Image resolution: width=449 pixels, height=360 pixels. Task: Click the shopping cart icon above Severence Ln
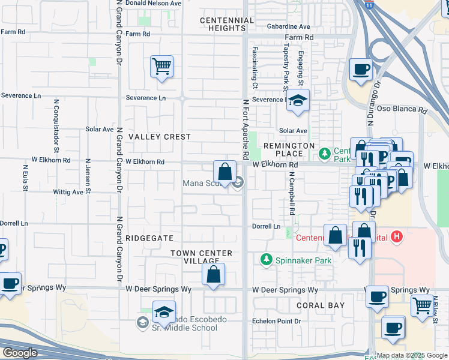click(x=161, y=67)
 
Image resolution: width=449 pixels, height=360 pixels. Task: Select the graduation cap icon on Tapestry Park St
click(x=297, y=101)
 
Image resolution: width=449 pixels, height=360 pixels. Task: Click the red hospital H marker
click(x=396, y=238)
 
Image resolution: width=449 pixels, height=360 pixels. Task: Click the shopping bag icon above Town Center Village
click(x=213, y=275)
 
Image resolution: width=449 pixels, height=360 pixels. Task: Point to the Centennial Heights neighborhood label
click(x=227, y=25)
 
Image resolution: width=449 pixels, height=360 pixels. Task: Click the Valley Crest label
click(x=160, y=137)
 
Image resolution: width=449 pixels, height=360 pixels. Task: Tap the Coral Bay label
click(x=321, y=305)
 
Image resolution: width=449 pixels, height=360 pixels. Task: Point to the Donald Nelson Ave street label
click(x=152, y=3)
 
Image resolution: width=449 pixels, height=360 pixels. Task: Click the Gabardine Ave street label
click(x=289, y=26)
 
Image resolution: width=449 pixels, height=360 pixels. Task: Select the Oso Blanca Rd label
click(x=406, y=110)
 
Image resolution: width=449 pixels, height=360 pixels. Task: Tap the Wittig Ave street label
click(x=68, y=193)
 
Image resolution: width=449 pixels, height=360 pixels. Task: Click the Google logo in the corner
click(x=20, y=353)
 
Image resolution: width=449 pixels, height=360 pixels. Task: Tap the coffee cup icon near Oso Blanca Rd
click(x=360, y=70)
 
